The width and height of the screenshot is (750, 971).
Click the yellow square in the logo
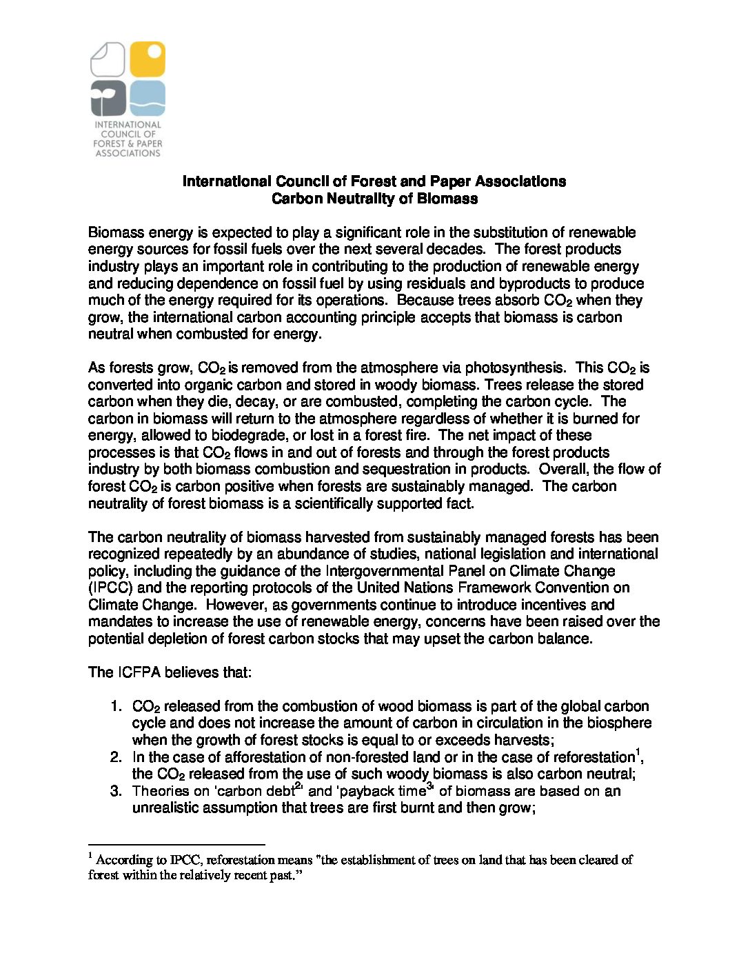tap(148, 59)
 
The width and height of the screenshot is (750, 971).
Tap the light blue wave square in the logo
tap(148, 98)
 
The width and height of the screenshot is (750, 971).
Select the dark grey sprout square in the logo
tap(108, 98)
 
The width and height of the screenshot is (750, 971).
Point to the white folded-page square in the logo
tap(108, 59)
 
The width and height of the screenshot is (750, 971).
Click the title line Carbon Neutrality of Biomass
tap(374, 199)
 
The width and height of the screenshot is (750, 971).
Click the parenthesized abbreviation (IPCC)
tap(111, 588)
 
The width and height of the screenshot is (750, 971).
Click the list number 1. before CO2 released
tap(116, 706)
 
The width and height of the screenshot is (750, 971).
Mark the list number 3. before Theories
tap(116, 791)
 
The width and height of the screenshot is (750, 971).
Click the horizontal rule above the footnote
tap(176, 844)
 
